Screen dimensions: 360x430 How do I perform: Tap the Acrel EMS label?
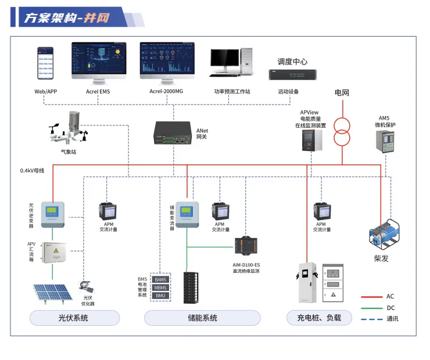point(97,92)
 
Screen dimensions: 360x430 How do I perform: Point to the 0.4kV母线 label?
point(32,171)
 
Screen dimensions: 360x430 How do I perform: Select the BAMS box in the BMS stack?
point(160,280)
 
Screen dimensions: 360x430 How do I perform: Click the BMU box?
point(160,296)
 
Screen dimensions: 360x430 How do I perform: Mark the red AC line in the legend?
point(371,297)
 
